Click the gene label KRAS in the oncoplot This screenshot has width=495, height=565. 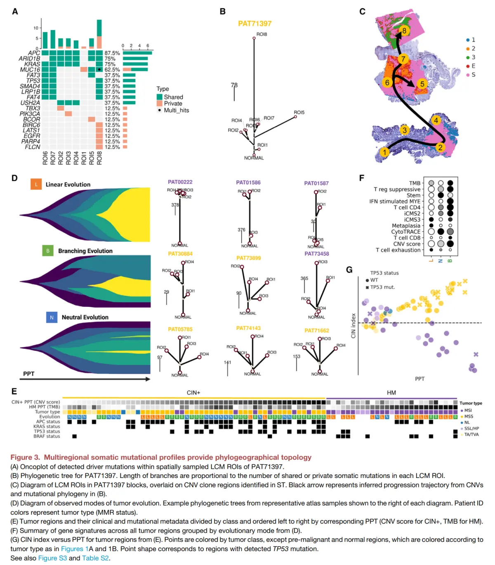(x=32, y=64)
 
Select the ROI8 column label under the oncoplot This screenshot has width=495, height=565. (x=99, y=158)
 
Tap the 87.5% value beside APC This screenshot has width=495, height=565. (x=112, y=53)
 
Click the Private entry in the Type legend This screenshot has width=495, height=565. (x=173, y=104)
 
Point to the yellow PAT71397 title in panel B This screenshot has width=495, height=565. (x=255, y=24)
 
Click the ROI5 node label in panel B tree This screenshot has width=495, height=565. (x=299, y=112)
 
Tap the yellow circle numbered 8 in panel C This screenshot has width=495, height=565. (x=404, y=31)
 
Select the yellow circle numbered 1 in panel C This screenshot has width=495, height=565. (x=384, y=152)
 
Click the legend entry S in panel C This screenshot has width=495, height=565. (x=473, y=75)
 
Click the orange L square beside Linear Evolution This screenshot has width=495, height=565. (x=36, y=184)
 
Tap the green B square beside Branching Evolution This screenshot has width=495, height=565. (x=48, y=250)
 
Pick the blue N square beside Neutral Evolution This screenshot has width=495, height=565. (x=52, y=317)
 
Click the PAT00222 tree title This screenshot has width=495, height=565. (x=180, y=182)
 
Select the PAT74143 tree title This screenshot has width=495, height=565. (x=248, y=328)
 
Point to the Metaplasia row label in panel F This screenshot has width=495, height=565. (x=406, y=226)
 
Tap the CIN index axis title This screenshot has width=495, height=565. (x=353, y=326)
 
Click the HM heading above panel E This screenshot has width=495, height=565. (x=391, y=393)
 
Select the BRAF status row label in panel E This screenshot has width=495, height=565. (x=47, y=436)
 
